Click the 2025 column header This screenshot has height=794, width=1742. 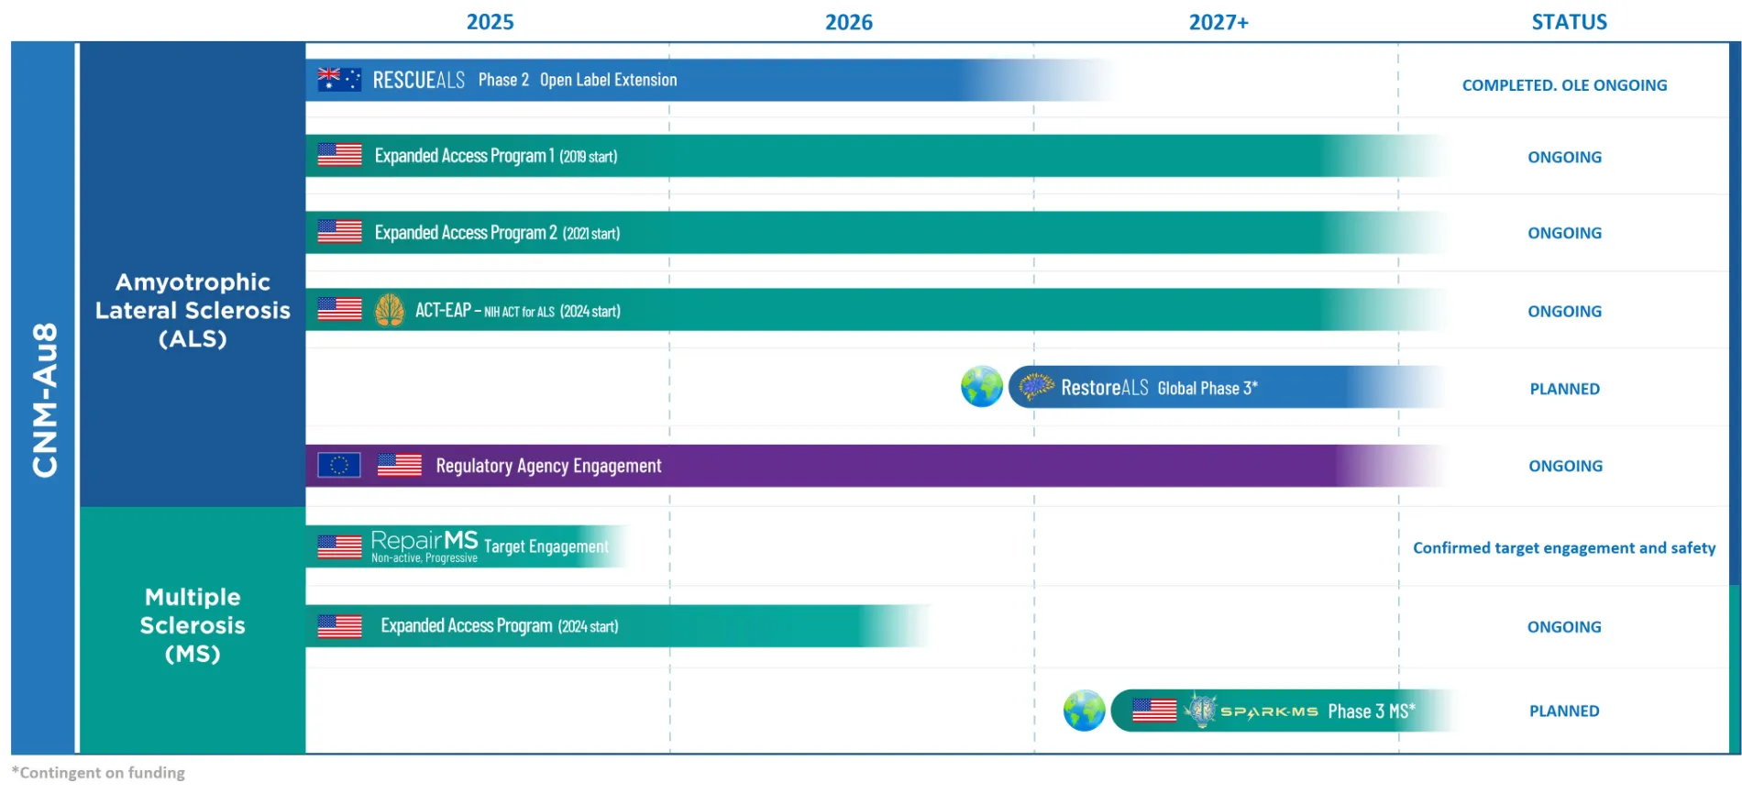[x=490, y=22]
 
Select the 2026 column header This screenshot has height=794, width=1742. [x=848, y=22]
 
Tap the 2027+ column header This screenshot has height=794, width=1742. [x=1218, y=22]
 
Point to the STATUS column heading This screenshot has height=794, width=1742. [x=1569, y=22]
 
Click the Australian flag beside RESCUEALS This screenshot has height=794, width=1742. [x=339, y=80]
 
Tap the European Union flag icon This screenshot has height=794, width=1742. [x=339, y=466]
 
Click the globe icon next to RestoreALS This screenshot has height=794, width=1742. [x=982, y=387]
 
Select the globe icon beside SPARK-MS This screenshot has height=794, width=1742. [x=1085, y=711]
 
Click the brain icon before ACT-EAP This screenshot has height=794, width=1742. [x=390, y=311]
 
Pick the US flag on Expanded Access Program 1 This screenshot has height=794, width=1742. [x=340, y=156]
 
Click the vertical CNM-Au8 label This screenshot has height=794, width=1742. [x=45, y=399]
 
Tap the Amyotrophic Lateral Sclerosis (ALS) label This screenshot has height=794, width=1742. [x=193, y=310]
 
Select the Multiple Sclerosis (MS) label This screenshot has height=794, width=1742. [x=193, y=625]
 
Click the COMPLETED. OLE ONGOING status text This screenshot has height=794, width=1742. [x=1564, y=85]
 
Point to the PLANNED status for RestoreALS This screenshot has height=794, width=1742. [x=1564, y=389]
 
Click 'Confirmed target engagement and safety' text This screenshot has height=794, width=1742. [x=1564, y=548]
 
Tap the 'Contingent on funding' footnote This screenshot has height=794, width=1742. [x=98, y=773]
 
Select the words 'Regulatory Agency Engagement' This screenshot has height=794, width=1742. [x=548, y=466]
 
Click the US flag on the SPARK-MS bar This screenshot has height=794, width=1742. [x=1154, y=710]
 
